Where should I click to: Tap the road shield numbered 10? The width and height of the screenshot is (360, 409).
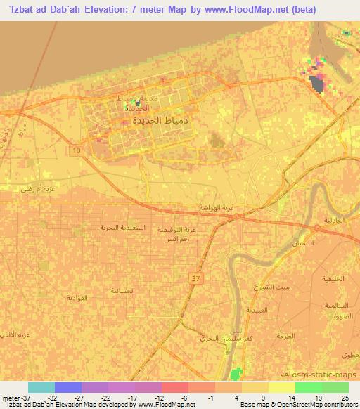point(75,150)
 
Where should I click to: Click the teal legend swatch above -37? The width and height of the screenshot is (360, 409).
point(41,387)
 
